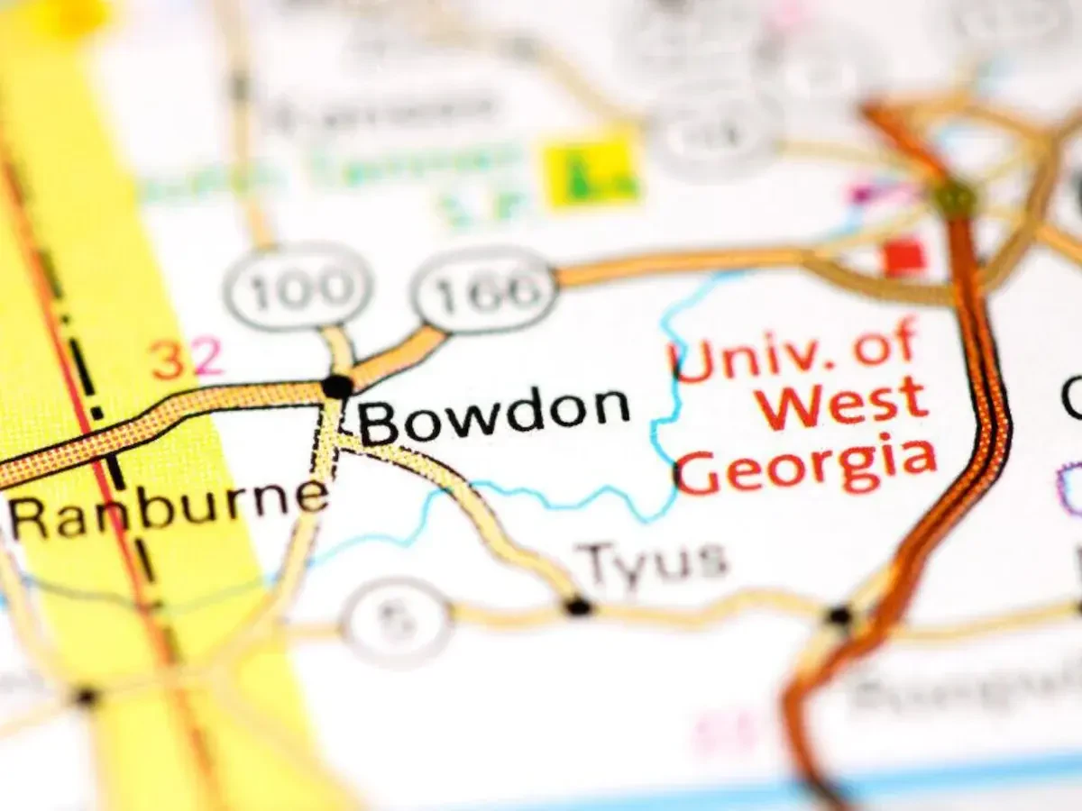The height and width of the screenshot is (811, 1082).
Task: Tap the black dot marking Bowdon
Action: [x=337, y=387]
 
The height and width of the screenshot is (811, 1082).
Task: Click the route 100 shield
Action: [x=298, y=287]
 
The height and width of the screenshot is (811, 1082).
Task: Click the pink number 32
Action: [x=188, y=359]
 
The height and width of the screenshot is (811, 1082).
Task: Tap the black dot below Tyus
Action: [x=578, y=606]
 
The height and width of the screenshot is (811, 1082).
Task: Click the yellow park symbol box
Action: [x=591, y=171]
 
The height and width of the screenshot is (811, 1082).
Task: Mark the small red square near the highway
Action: [x=903, y=257]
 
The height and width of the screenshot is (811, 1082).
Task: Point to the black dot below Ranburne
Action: [x=87, y=697]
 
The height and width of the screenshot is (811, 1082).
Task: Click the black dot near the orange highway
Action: [x=839, y=616]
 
